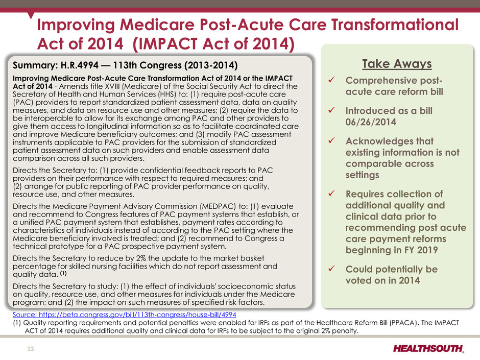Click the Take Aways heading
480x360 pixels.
[x=397, y=64]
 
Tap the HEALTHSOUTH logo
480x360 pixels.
[x=428, y=349]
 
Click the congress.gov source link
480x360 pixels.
[x=124, y=315]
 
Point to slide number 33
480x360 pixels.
[x=31, y=349]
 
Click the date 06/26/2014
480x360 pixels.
[x=371, y=122]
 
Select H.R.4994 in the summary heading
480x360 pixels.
[x=80, y=65]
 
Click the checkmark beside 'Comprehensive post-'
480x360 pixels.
[x=331, y=80]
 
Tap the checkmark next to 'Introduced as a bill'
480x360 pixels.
[x=331, y=110]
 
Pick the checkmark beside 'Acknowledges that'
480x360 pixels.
[x=331, y=140]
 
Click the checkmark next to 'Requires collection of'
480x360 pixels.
[x=331, y=194]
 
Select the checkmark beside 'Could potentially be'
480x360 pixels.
[x=331, y=269]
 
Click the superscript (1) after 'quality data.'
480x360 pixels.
[x=63, y=273]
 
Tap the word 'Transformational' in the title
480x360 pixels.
[x=395, y=25]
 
